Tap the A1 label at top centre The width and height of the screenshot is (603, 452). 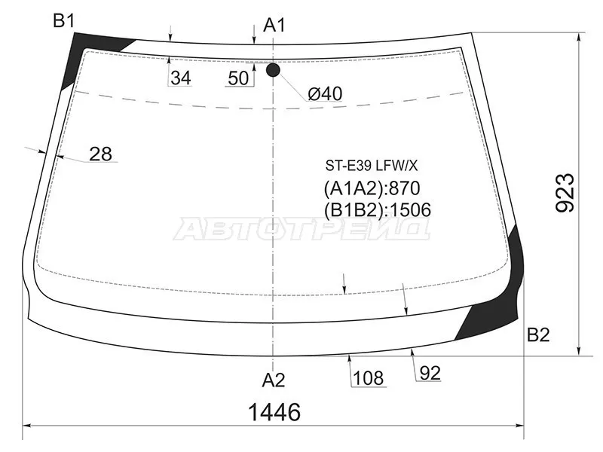(x=274, y=26)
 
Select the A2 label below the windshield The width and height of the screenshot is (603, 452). (x=274, y=380)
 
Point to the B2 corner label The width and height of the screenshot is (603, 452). (x=538, y=335)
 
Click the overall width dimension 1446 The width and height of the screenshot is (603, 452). (x=274, y=412)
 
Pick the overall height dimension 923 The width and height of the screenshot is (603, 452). (x=565, y=193)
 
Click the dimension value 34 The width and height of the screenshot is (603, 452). (x=181, y=78)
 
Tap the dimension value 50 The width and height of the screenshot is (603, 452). (x=238, y=78)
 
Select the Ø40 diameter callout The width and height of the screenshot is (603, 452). (x=325, y=93)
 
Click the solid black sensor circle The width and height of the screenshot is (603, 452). (x=273, y=70)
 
